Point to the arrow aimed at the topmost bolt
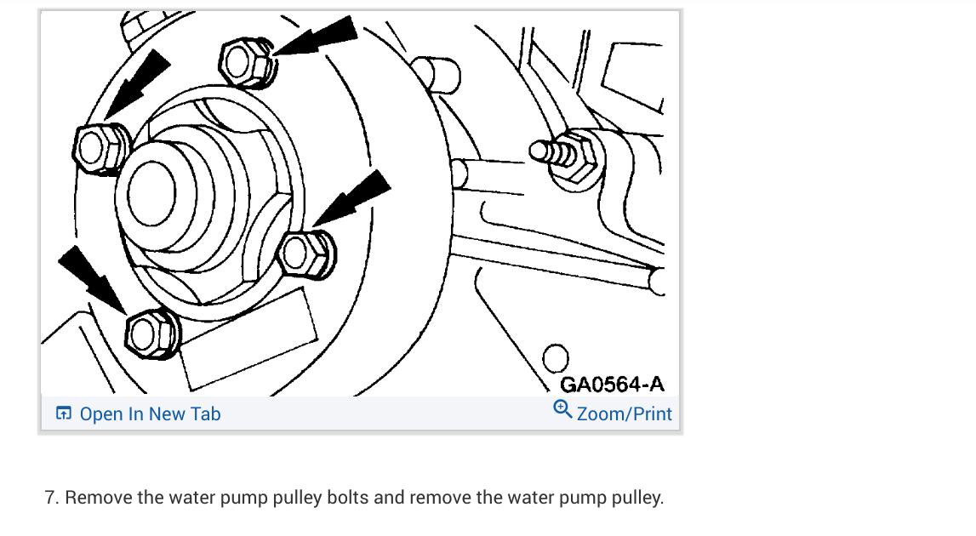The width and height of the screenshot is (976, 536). [319, 38]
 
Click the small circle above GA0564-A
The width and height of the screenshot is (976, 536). [556, 357]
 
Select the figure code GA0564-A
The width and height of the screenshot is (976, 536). [612, 385]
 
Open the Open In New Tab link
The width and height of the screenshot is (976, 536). [150, 414]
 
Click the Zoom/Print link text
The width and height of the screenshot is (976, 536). [625, 414]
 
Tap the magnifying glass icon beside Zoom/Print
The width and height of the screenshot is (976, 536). [562, 410]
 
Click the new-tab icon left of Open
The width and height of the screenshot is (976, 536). [63, 414]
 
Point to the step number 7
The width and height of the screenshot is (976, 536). [50, 498]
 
